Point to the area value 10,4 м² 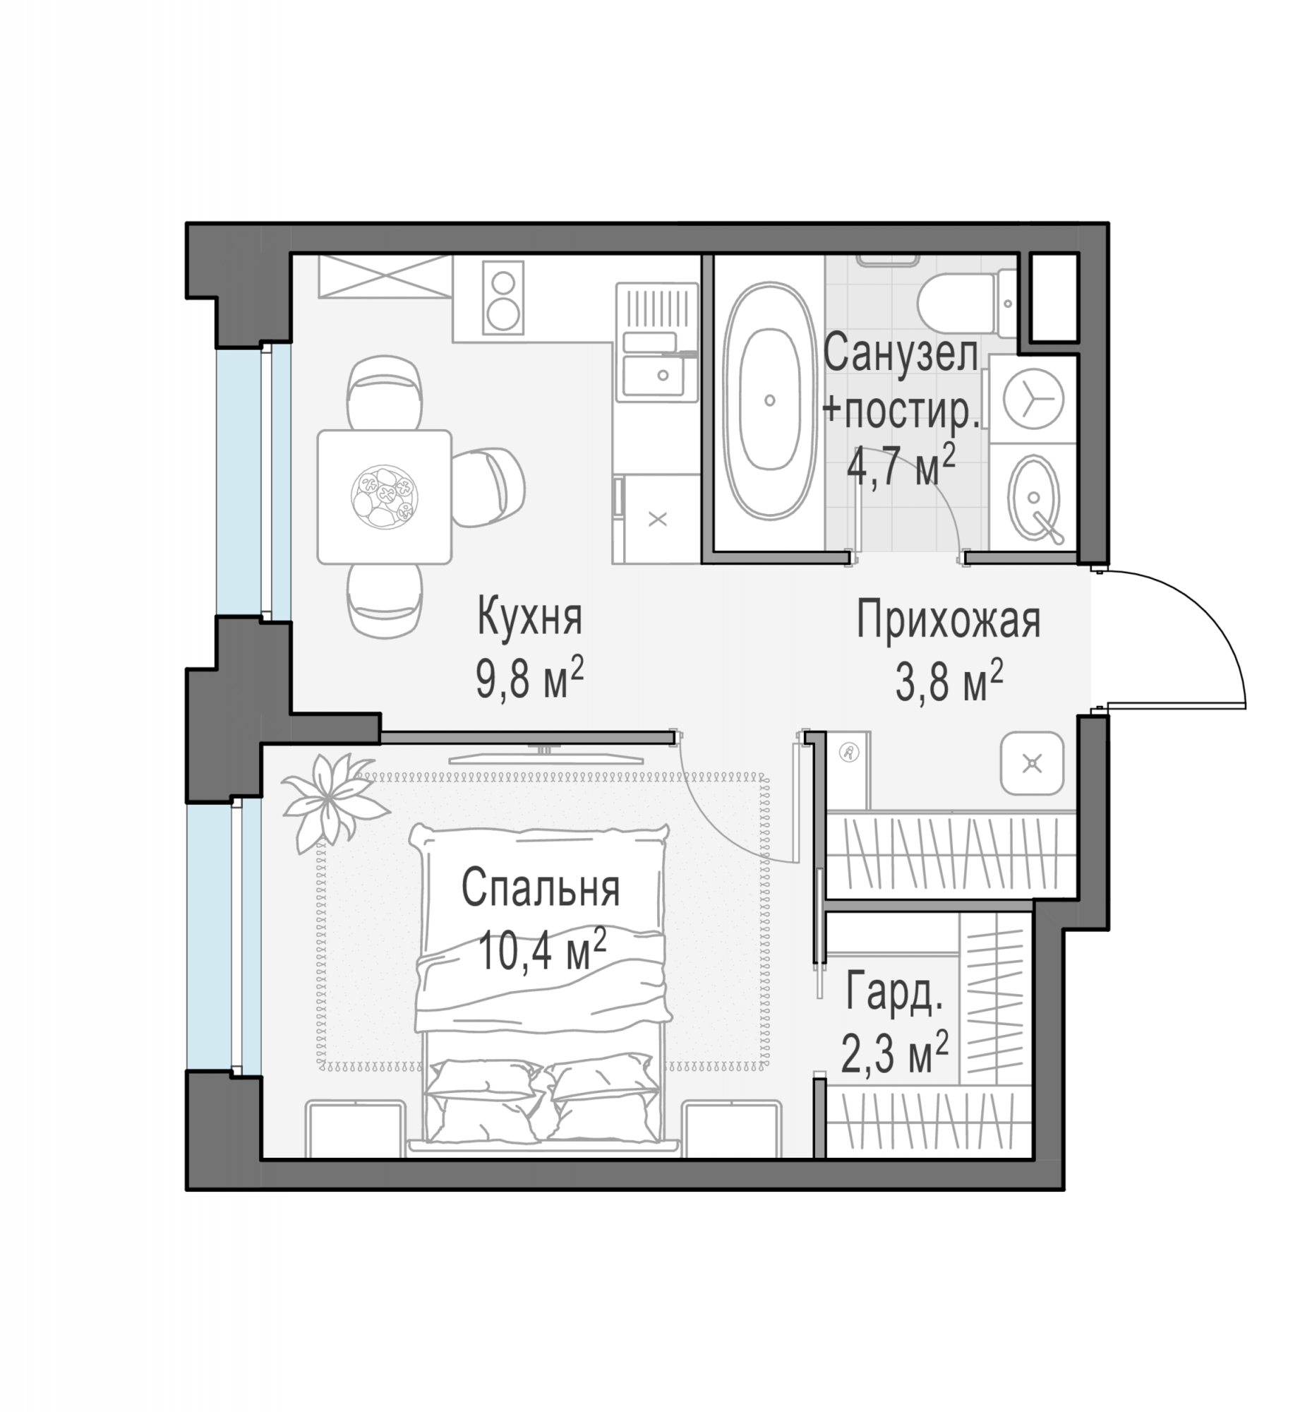pos(542,950)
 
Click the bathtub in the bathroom pos(769,400)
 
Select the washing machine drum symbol pos(1034,399)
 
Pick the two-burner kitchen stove pos(503,297)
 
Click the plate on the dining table pos(385,496)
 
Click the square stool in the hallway pos(1032,763)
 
